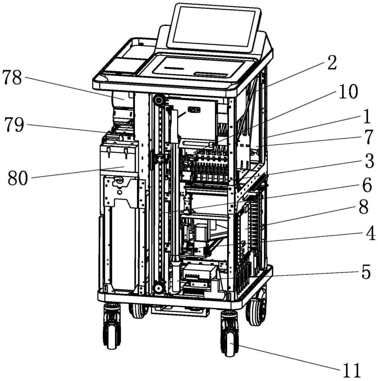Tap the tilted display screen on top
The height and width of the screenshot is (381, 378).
pos(213,27)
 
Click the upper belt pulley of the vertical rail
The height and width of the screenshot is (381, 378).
pos(159,101)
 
